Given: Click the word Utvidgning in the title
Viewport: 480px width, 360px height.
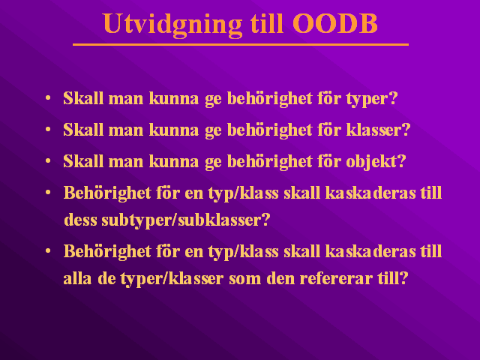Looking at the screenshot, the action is point(172,25).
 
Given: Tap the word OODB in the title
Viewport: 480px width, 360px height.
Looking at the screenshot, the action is point(335,23).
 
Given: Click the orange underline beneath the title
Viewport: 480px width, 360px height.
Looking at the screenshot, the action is point(241,45).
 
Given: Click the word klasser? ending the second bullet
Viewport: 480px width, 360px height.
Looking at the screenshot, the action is point(378,130).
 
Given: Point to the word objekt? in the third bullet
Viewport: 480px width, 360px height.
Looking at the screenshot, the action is point(376,161).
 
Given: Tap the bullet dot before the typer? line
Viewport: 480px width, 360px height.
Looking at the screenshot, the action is point(48,98).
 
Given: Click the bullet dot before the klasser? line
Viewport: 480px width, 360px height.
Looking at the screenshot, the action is point(48,130).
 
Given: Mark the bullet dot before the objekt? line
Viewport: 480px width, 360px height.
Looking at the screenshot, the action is point(48,160).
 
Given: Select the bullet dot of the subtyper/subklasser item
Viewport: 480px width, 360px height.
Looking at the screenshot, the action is point(48,192).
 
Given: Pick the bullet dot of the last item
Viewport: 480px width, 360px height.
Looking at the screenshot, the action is point(48,251).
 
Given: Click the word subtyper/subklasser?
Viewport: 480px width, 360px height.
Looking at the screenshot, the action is point(186,220).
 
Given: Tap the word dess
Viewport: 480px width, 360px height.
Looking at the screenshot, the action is point(80,220).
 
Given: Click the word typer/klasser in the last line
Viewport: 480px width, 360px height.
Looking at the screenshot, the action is point(172,279).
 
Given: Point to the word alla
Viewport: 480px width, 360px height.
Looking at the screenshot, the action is point(77,278).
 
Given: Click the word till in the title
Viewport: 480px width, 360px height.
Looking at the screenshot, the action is point(267,23).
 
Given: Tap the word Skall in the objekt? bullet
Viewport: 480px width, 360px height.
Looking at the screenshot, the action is point(83,160).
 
